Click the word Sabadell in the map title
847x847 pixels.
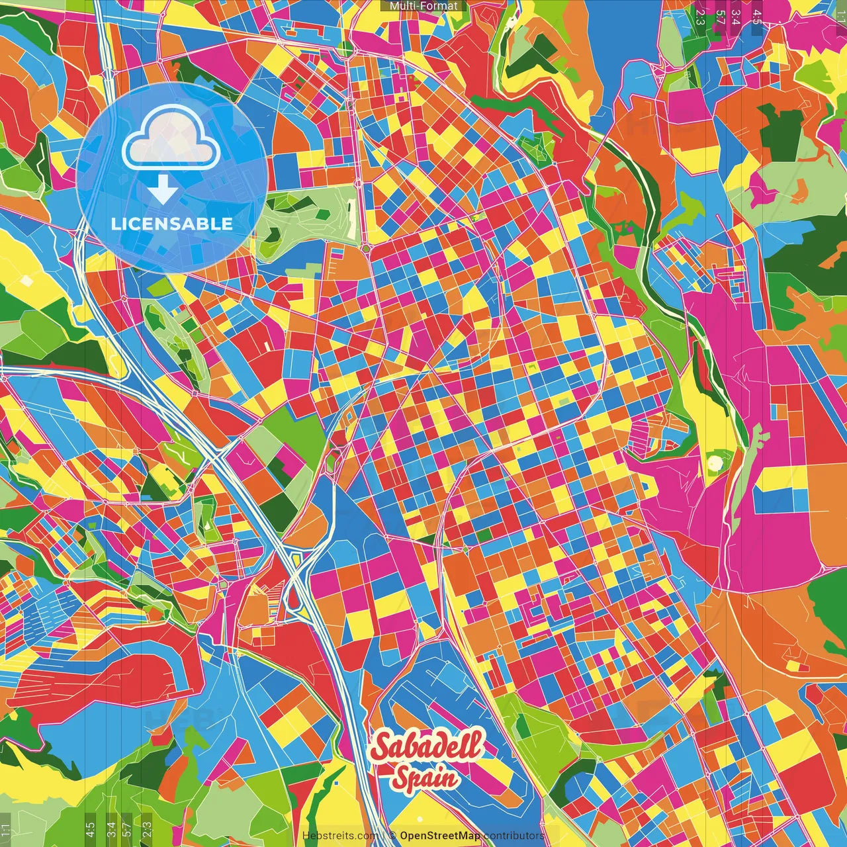click(427, 746)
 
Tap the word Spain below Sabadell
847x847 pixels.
click(427, 777)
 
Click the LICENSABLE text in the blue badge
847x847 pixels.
click(172, 224)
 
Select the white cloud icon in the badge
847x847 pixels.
click(171, 140)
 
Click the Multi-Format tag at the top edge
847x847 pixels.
click(423, 6)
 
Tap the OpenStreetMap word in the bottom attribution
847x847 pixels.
click(440, 836)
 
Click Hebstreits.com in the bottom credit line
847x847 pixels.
click(341, 836)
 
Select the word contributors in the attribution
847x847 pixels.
click(514, 836)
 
